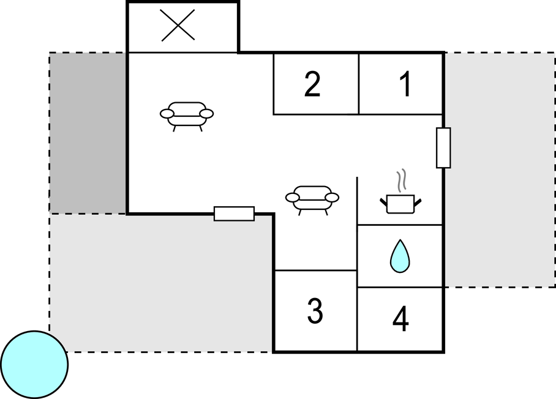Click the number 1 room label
pos(405,84)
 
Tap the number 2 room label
pos(312,84)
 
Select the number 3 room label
pos(315,311)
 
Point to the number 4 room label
pos(400,319)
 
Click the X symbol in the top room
pos(178,25)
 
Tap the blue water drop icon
pos(400,256)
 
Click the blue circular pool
pos(34,365)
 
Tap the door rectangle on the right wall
pos(443,147)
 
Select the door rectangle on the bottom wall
pos(234,214)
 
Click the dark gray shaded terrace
pos(88,133)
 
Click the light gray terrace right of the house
pos(500,170)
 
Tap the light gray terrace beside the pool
pos(161,283)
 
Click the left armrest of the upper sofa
pos(167,113)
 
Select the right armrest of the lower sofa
pos(332,197)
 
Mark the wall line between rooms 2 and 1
pos(359,84)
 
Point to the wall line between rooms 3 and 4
pos(357,311)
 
